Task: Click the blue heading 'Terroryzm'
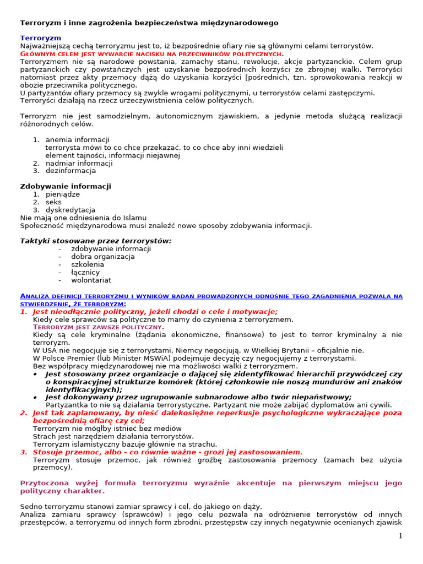coord(41,38)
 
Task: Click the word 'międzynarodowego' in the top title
coord(248,23)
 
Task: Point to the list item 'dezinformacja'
coord(70,171)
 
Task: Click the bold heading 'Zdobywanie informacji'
coord(66,187)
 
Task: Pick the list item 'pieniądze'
coord(62,194)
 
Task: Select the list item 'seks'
coord(53,202)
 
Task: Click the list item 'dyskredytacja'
coord(70,210)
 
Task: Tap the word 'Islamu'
coord(134,218)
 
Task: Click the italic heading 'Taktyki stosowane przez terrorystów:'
coord(96,241)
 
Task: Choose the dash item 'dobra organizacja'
coord(103,257)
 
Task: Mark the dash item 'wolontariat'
coord(91,280)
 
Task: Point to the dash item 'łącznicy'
coord(85,272)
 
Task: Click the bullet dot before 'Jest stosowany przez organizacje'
coord(35,374)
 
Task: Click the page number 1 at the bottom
coord(400,536)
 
